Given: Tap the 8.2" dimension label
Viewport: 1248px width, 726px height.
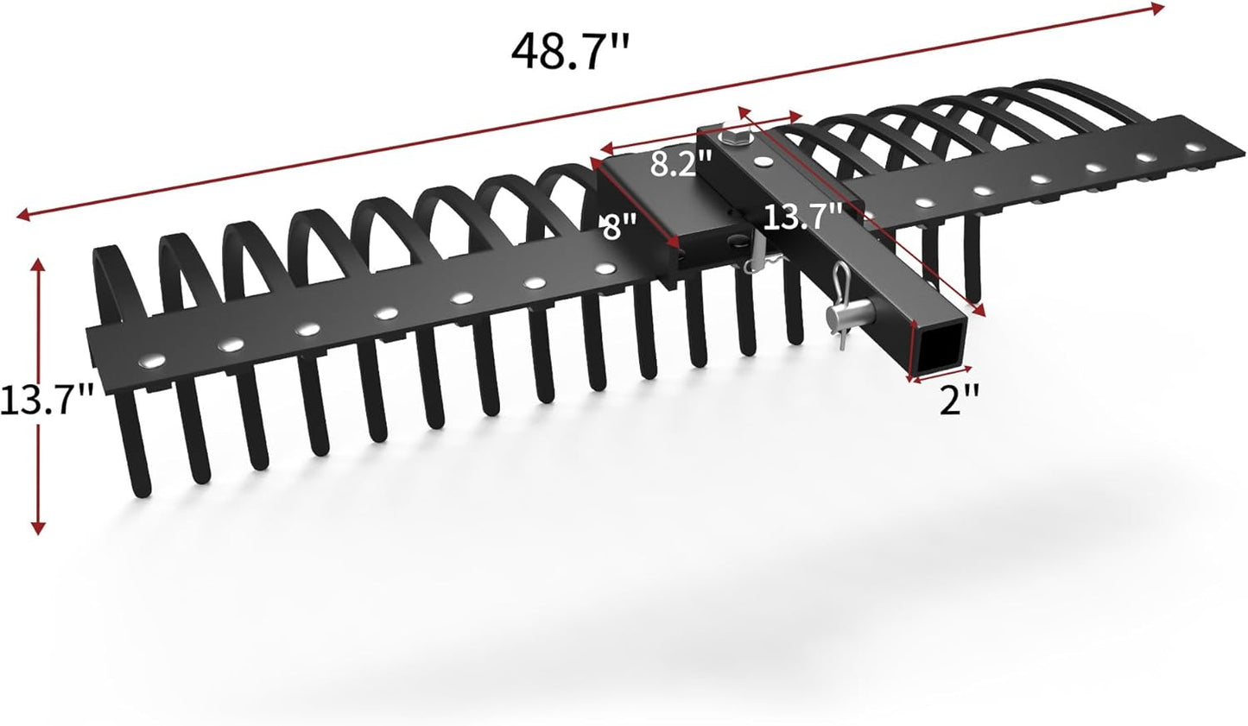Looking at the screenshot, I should [681, 164].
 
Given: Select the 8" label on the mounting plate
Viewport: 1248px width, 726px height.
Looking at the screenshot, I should [620, 228].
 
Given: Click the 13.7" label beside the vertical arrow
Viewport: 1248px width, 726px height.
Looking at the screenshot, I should [45, 399].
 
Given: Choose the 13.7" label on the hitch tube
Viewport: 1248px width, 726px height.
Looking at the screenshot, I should [801, 216].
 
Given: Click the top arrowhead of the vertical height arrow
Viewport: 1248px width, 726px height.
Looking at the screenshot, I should [37, 262].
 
